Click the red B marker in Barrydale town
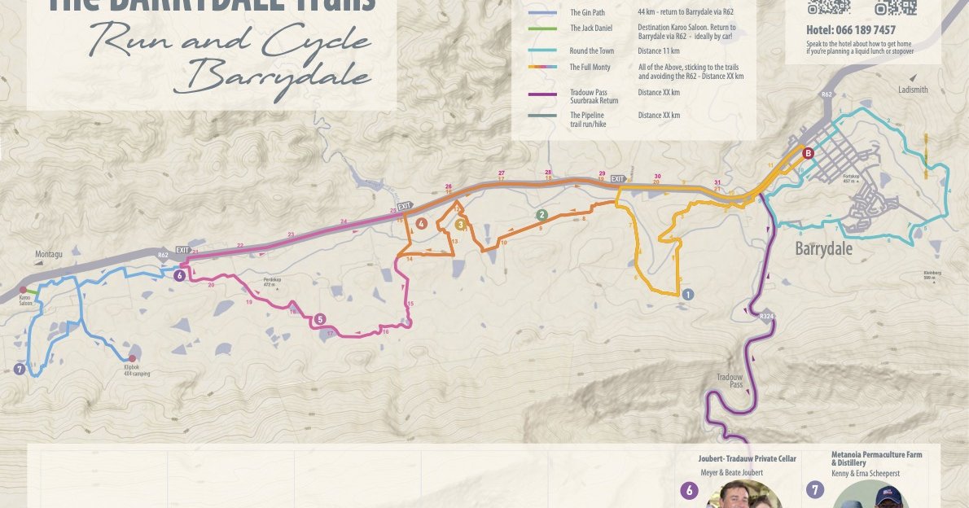pyautogui.click(x=808, y=153)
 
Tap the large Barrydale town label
pyautogui.click(x=823, y=248)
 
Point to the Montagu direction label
pyautogui.click(x=49, y=254)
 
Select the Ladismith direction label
pyautogui.click(x=913, y=90)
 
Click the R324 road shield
pyautogui.click(x=765, y=315)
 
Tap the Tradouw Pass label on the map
pyautogui.click(x=730, y=380)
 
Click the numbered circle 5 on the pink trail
pyautogui.click(x=320, y=319)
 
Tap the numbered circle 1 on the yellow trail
pyautogui.click(x=688, y=295)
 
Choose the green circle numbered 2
pyautogui.click(x=541, y=215)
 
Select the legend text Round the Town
pyautogui.click(x=591, y=51)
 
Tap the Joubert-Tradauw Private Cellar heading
pyautogui.click(x=747, y=459)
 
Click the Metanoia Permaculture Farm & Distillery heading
pyautogui.click(x=876, y=458)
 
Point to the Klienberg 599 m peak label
pyautogui.click(x=932, y=275)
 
